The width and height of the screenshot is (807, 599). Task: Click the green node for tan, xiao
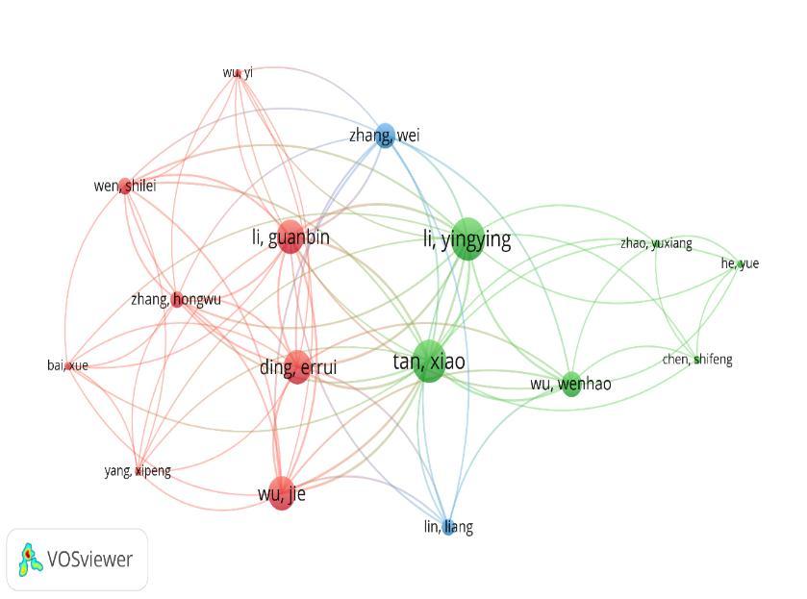[429, 361]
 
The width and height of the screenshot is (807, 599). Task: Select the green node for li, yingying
[466, 238]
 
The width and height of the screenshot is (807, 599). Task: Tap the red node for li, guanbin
[290, 237]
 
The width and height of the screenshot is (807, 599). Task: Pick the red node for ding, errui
[297, 366]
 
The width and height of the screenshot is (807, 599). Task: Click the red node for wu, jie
[281, 492]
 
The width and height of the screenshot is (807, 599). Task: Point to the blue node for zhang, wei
[385, 135]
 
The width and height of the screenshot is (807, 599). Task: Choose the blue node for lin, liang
[448, 527]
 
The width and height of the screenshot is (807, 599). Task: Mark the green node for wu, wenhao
[570, 384]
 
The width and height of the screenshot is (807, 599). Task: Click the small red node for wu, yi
[237, 72]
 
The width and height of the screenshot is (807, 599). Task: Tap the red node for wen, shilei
[125, 186]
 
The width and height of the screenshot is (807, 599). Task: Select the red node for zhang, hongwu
[177, 299]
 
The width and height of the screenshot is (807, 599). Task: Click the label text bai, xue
[67, 365]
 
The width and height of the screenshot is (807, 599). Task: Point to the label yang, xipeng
[138, 470]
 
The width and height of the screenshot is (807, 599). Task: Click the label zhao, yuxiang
[656, 243]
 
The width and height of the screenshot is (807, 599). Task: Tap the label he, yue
[740, 263]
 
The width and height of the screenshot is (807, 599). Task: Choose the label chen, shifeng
[697, 360]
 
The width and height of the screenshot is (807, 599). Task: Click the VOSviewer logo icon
[31, 559]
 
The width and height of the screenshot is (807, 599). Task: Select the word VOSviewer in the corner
[89, 559]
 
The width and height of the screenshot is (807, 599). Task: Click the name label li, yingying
[467, 238]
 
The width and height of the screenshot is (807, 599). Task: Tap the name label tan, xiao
[429, 362]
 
